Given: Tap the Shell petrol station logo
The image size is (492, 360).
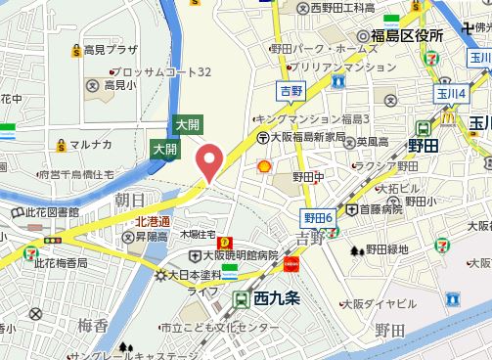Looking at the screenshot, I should [263, 166].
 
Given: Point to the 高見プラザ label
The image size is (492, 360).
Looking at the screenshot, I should [109, 48].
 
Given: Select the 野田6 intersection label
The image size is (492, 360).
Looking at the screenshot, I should [318, 216].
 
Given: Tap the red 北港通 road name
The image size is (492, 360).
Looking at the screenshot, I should [153, 221].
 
